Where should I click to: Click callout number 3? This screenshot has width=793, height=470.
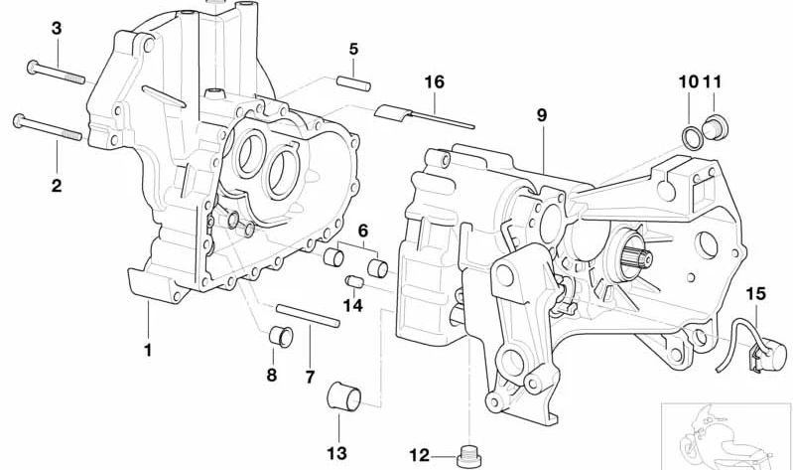57,30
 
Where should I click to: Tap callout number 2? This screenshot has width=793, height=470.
57,185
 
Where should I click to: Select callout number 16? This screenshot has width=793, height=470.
434,81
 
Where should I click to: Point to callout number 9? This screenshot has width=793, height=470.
542,116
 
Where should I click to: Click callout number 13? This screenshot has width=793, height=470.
337,453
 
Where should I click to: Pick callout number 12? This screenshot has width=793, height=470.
419,456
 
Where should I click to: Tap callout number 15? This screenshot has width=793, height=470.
756,294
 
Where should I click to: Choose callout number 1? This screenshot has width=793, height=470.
147,349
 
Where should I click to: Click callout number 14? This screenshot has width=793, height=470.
353,306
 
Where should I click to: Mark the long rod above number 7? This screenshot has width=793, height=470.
310,318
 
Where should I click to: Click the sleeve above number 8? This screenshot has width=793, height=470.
282,337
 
